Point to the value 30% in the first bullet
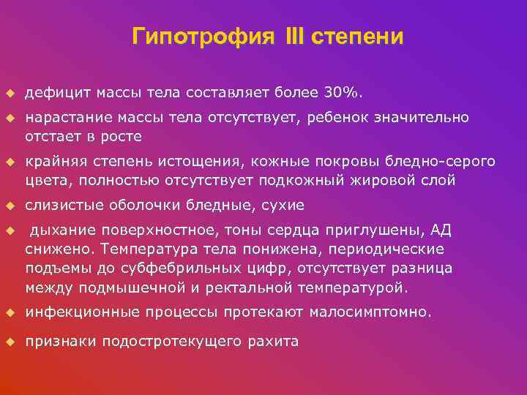(x=343, y=94)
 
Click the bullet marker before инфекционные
(x=10, y=312)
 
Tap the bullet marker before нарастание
(x=10, y=118)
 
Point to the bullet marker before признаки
(x=10, y=341)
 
